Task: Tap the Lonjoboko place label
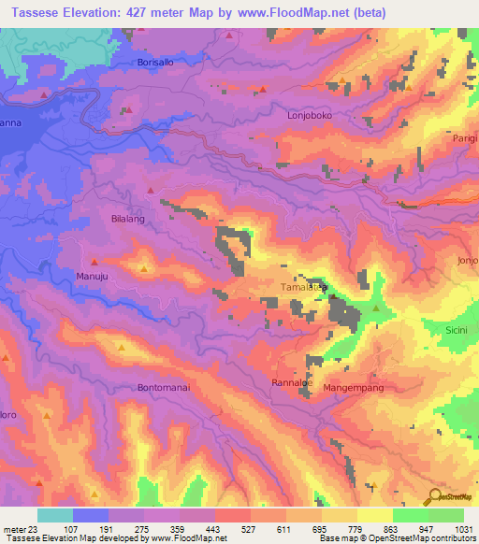point(309,116)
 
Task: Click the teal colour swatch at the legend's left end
point(54,515)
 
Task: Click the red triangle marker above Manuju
point(94,262)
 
